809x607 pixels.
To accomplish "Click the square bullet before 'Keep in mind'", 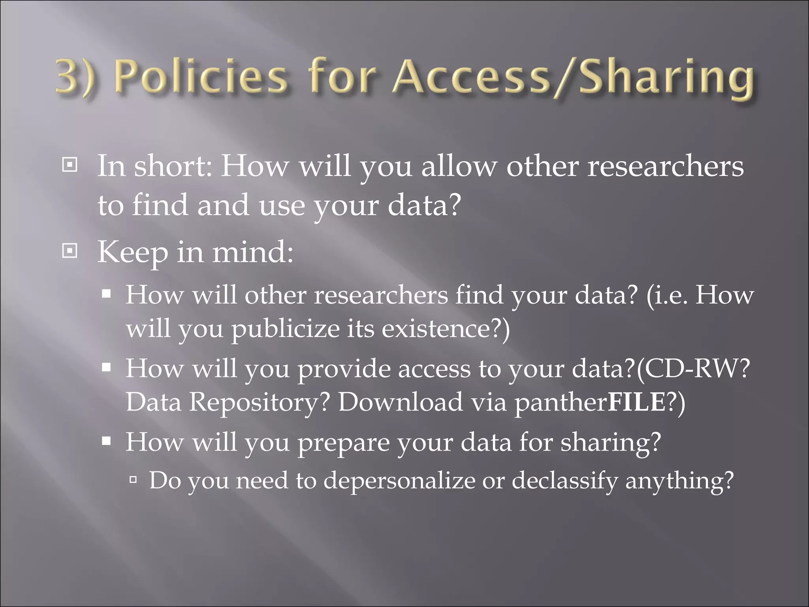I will coord(70,251).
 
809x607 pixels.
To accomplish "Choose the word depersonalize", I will coord(399,481).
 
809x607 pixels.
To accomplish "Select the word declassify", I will coord(565,481).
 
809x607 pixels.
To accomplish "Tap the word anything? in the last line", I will coord(679,481).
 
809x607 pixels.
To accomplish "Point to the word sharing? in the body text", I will coord(611,443).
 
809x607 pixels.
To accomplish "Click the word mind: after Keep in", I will coord(253,252).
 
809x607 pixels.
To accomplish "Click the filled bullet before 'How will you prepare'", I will coord(106,440).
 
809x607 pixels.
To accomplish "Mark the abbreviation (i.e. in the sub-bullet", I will coord(668,295).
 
